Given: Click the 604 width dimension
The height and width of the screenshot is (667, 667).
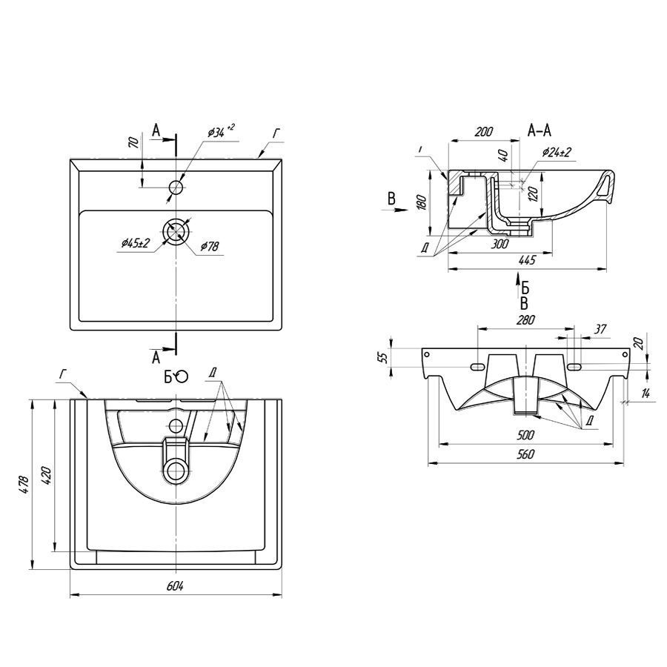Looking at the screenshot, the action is point(175,586).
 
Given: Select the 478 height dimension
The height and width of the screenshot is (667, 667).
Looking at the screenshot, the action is point(24,485).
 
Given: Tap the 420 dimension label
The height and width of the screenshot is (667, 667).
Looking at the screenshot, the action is point(47,477).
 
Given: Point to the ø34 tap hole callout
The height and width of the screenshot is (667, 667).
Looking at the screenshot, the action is point(221,130).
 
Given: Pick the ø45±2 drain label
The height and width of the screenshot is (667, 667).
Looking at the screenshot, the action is point(136,243).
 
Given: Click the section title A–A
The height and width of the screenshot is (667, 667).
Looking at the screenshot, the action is point(540,130).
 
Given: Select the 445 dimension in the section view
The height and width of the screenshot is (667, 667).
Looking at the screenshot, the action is point(527,260).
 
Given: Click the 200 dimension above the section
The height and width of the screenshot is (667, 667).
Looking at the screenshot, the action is point(484,131).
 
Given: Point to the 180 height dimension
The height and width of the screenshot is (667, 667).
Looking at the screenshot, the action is point(421,203).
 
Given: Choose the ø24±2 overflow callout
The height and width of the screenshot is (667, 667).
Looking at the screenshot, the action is point(557,152).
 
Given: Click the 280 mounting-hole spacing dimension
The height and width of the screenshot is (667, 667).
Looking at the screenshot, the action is point(525,319).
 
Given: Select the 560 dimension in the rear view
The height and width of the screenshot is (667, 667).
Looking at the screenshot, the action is point(525,454).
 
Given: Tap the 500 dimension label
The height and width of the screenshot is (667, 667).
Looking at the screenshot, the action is point(525,435).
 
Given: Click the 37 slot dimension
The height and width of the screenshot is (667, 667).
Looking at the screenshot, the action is point(600,329).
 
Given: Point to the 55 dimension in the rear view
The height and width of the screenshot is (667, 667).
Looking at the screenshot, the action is point(384,357).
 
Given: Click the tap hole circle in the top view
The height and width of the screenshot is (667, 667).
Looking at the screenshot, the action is point(176,187).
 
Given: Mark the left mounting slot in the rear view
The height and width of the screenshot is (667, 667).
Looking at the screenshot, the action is point(478,366).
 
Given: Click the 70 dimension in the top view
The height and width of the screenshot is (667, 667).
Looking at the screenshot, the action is point(133,142).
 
